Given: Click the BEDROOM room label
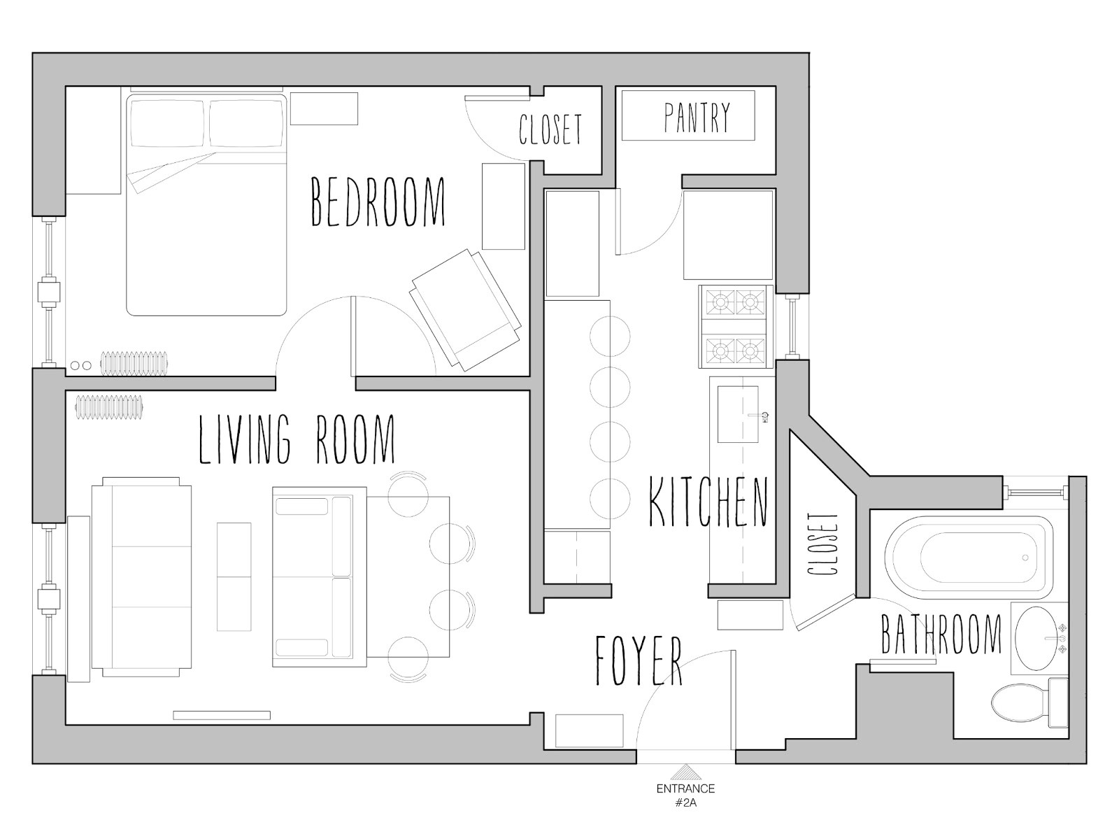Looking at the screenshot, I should coord(378,202).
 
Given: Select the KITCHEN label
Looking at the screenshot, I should coord(708,502).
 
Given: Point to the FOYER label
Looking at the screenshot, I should coord(638,660).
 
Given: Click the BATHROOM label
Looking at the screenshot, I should coord(941,634).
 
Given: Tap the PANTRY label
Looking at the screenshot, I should coord(697,117).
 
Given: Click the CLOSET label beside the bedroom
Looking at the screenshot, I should coord(550,129).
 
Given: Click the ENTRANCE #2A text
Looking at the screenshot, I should coord(685,795).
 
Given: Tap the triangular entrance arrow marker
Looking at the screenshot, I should coord(686,772).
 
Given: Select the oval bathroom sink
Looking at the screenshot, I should coord(1039,639).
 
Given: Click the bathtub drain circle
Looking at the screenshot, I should coord(1025,558).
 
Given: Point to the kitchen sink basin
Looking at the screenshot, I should coord(737,414).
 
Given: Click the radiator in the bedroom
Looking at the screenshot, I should coord(135,362).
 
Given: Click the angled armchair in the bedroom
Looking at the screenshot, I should coord(466,309).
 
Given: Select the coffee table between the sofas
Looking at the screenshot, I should coord(234,577).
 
